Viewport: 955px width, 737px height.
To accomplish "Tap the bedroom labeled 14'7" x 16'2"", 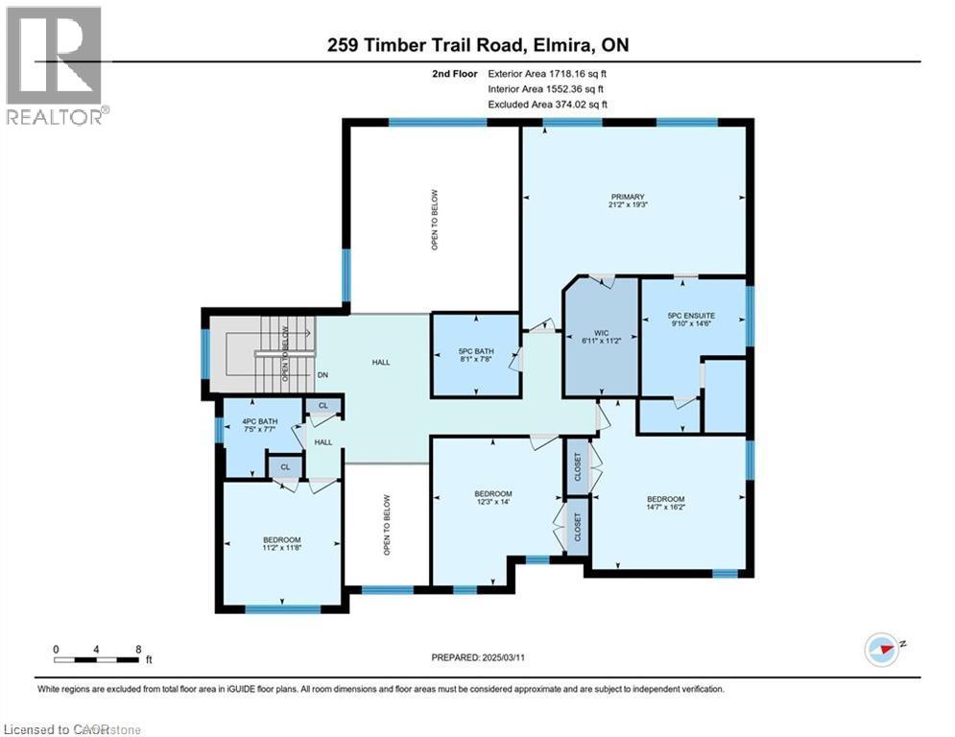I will point(665,504).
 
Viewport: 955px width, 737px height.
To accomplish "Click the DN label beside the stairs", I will point(323,375).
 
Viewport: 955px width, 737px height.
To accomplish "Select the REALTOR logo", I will point(56,65).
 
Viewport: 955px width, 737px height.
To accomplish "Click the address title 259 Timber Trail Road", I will point(477,44).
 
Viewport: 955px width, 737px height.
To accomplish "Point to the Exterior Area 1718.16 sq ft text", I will point(548,72).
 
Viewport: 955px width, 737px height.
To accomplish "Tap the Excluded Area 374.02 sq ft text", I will point(548,105).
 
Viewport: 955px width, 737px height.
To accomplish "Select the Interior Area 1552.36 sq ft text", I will point(548,88).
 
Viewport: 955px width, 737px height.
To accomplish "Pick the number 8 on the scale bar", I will point(139,649).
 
